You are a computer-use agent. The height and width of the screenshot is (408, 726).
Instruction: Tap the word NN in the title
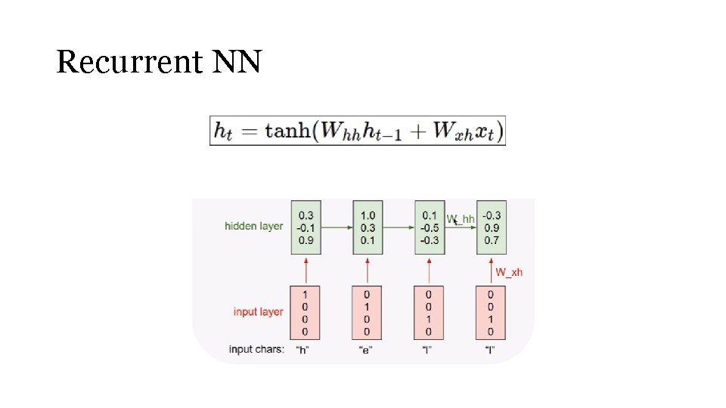pos(237,62)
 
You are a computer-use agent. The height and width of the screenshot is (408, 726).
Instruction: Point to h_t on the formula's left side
pos(223,131)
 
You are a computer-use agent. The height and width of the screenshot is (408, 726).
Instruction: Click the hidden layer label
pos(254,226)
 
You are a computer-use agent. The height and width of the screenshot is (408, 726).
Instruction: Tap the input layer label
pos(258,312)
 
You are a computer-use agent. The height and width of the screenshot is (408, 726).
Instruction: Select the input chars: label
pos(257,350)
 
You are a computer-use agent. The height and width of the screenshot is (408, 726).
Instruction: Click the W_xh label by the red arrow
pos(509,272)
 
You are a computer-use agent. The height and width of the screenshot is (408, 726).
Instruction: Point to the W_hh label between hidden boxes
pos(461,219)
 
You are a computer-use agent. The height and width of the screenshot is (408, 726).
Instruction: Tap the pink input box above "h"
pos(306,312)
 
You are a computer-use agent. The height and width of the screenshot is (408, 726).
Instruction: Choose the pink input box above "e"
pos(368,312)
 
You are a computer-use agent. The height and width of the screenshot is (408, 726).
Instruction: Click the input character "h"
pos(302,351)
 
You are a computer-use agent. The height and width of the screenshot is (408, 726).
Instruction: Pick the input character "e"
pos(366,351)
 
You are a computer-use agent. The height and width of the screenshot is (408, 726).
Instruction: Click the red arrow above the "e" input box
pos(368,270)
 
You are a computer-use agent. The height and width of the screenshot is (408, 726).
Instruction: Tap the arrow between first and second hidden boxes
pos(337,227)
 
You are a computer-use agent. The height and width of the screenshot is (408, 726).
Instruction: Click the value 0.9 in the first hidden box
pos(306,240)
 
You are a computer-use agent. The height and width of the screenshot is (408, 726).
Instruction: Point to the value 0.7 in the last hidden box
pos(492,240)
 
